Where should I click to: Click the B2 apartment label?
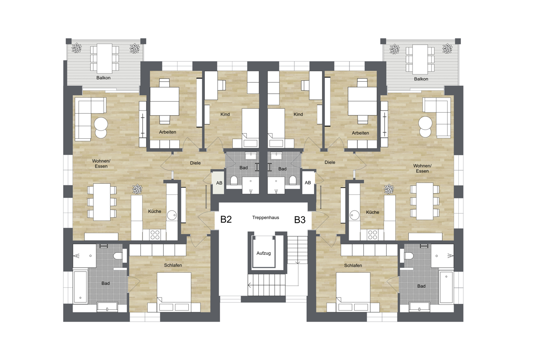point(226,219)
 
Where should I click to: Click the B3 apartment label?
point(300,220)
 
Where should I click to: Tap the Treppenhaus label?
point(265,217)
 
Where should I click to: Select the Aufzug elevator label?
point(264,253)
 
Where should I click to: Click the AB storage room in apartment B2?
point(219,183)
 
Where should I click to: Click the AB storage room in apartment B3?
point(308,182)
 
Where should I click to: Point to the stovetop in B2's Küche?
point(155,234)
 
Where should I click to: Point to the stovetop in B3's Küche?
point(372,235)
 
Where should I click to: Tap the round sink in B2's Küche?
point(172,215)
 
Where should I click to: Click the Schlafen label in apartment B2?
point(173,265)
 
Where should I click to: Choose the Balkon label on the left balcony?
point(103,78)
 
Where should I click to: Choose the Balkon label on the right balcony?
point(421,79)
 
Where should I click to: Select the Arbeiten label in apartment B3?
point(360,133)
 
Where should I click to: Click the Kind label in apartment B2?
point(225,114)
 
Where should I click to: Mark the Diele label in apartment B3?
point(330,162)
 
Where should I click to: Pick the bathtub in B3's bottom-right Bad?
point(446,287)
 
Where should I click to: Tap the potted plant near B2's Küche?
point(137,189)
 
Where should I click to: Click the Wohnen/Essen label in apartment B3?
point(422,168)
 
